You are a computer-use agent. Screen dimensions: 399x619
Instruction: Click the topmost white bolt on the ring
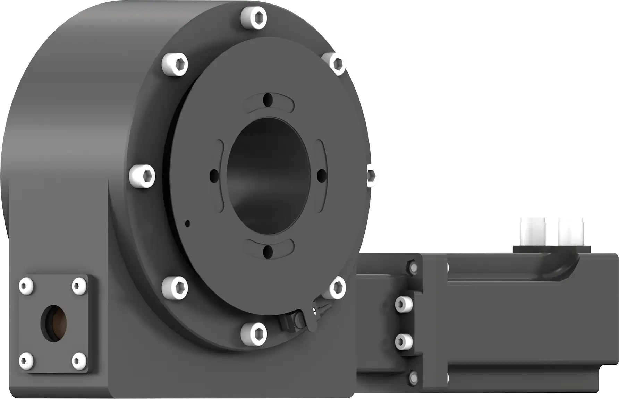(254, 17)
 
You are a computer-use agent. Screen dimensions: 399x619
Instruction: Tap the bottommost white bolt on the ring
(254, 334)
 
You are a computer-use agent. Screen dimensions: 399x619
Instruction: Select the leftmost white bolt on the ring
(142, 176)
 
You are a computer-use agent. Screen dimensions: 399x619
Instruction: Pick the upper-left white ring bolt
(175, 64)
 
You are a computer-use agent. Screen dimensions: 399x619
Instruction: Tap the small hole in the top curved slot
(268, 100)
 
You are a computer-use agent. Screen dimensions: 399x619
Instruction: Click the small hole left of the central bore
(215, 176)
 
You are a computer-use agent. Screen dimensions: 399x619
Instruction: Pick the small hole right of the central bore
(322, 176)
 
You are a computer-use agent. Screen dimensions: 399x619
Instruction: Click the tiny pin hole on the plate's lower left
(188, 223)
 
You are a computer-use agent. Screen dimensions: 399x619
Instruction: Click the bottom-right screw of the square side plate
(79, 360)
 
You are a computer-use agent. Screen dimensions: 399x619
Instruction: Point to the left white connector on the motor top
(532, 230)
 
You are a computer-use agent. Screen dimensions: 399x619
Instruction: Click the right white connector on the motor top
(570, 230)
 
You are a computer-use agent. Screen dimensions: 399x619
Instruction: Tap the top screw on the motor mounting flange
(413, 267)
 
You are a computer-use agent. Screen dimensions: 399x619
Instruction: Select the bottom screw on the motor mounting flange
(413, 377)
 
